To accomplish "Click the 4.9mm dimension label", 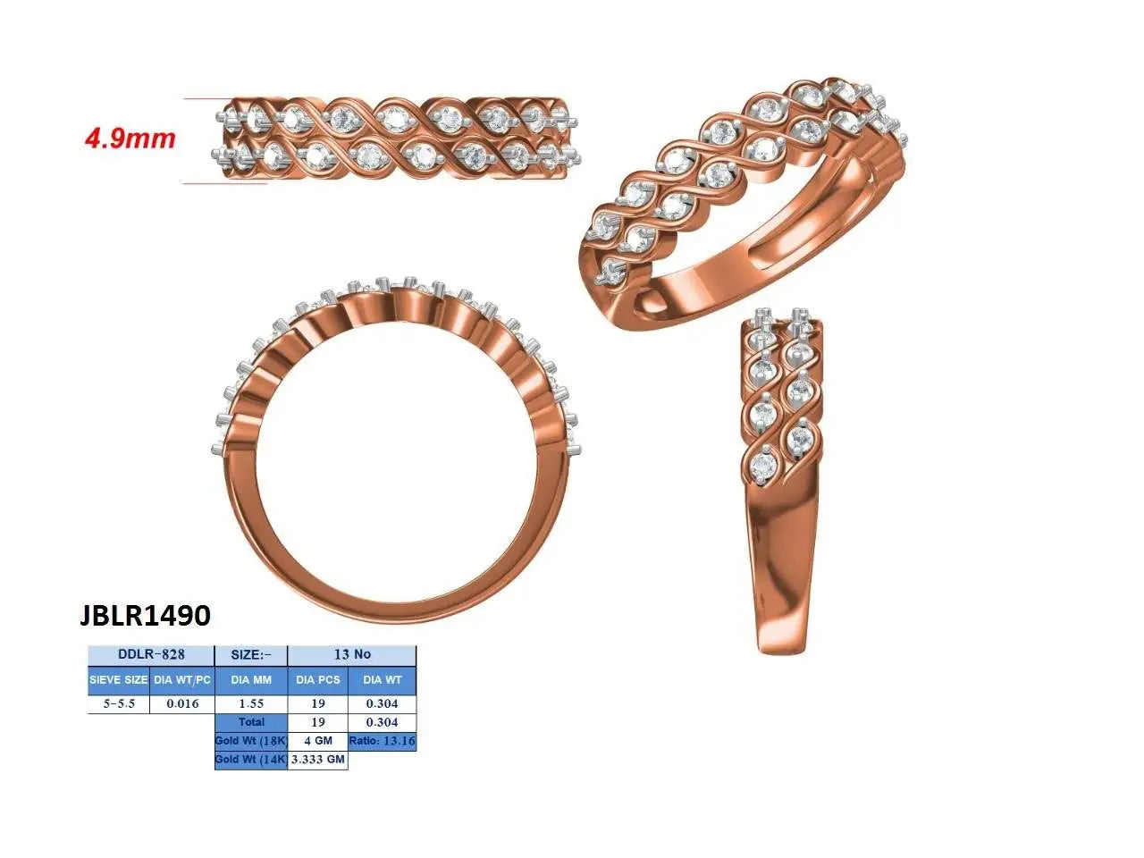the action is (x=130, y=139).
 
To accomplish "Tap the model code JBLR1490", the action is (x=145, y=615).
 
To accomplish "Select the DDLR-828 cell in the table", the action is (x=151, y=655).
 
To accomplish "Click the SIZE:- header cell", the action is (x=251, y=655).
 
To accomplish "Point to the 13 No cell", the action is (x=352, y=655).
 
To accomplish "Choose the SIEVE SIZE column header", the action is (x=118, y=680).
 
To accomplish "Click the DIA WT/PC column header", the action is (x=182, y=680).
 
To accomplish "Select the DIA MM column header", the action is (x=251, y=680).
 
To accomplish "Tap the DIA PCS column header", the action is (x=318, y=680).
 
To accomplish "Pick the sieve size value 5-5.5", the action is (x=119, y=703).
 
